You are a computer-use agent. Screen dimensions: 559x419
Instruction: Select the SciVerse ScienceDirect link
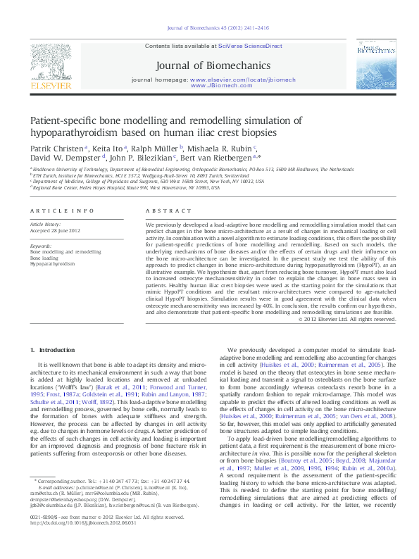tap(258, 46)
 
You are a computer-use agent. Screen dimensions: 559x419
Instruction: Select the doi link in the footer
tap(79, 541)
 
